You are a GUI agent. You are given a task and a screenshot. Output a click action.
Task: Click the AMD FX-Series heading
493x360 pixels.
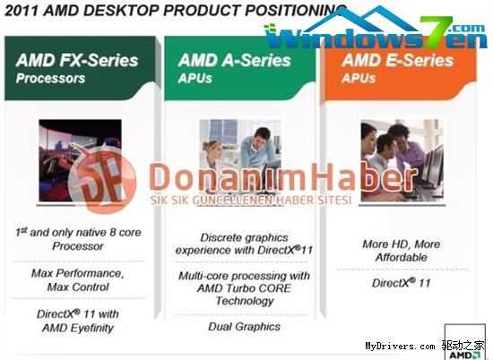click(77, 60)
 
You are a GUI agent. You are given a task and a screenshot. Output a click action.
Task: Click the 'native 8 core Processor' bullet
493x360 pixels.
click(79, 239)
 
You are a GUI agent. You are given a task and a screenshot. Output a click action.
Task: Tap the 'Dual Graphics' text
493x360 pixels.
click(242, 327)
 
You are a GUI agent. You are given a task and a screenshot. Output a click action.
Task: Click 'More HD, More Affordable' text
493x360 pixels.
click(401, 250)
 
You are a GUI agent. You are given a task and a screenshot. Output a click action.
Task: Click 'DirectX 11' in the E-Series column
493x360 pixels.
click(401, 284)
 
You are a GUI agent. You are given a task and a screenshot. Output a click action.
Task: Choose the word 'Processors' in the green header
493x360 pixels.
click(52, 79)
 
